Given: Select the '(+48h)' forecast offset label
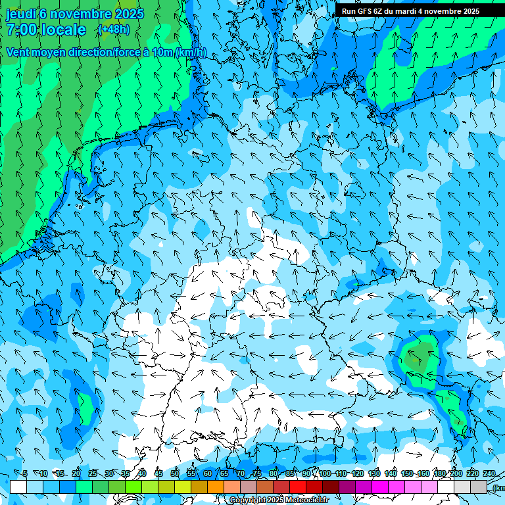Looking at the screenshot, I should (114, 30).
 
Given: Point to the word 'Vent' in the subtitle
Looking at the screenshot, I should (18, 52).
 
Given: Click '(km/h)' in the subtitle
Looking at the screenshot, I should (191, 53).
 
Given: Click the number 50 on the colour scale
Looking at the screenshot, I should (175, 473).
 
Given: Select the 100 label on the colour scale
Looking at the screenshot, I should (325, 473).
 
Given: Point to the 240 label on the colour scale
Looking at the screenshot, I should (489, 473).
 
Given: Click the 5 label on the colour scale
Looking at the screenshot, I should (25, 473).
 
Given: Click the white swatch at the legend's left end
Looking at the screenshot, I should (18, 487).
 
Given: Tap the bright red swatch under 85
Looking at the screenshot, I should (298, 487).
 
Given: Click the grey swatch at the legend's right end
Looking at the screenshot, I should (479, 487).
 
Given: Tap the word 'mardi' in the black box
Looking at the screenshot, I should (403, 11).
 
